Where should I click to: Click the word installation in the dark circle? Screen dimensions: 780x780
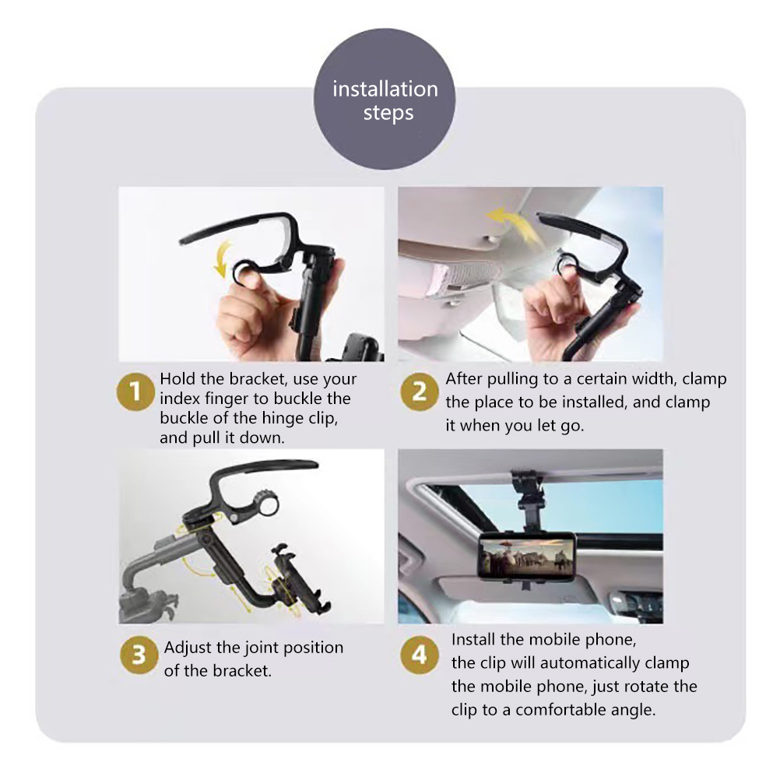click(x=385, y=90)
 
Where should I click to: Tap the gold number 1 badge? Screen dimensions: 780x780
click(x=135, y=392)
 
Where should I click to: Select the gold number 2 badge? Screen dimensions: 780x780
click(x=420, y=392)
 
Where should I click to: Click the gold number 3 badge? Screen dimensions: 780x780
click(x=139, y=655)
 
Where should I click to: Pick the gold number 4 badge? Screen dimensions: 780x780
click(x=420, y=655)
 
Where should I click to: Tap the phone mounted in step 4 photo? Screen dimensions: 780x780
click(x=527, y=555)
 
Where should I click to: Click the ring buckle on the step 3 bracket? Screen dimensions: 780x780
click(x=265, y=503)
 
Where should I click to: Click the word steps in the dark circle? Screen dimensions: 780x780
click(x=388, y=114)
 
